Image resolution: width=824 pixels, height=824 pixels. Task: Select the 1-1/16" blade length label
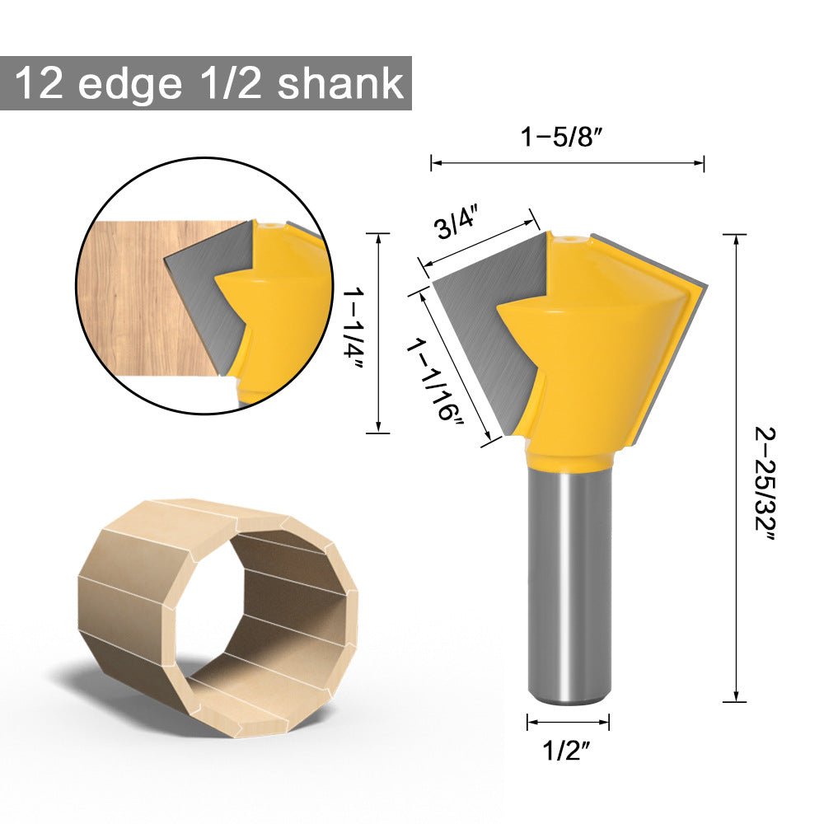point(434,380)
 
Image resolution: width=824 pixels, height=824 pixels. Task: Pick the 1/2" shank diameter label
point(568,750)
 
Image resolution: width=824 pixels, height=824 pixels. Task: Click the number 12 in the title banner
point(40,84)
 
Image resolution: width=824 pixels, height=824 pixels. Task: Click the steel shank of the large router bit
point(569,577)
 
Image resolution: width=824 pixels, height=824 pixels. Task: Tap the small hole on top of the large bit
point(571,241)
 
